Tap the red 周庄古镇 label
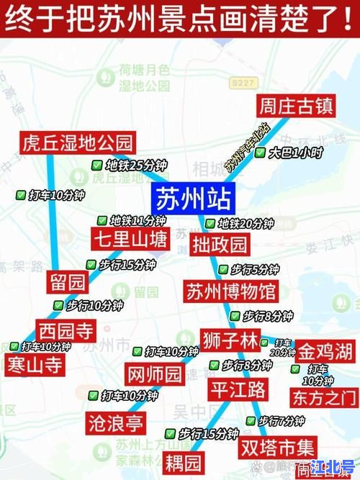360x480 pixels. click(x=295, y=107)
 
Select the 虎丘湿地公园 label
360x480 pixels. click(x=78, y=141)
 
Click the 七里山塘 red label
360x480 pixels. click(x=130, y=238)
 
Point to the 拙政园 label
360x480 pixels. click(x=220, y=244)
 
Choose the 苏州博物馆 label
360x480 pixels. click(x=230, y=292)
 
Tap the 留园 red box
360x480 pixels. click(x=67, y=281)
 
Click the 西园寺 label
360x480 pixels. click(x=66, y=331)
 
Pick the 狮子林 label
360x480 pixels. click(x=229, y=339)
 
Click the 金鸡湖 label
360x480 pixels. click(x=325, y=352)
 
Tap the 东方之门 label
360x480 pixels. click(x=323, y=397)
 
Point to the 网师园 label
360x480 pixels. click(x=155, y=374)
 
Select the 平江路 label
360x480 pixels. click(x=237, y=390)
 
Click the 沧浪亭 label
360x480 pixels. click(x=114, y=422)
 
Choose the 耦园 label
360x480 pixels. click(x=183, y=460)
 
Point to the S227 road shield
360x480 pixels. click(x=244, y=83)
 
